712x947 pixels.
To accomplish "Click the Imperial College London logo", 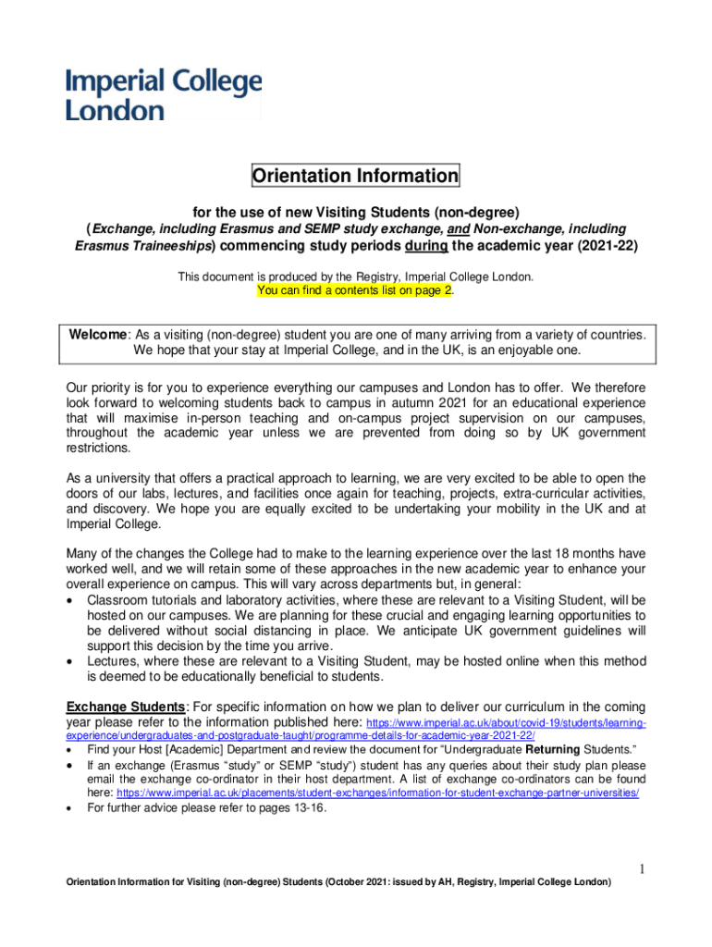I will tap(163, 94).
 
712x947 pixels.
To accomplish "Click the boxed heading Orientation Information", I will tap(356, 176).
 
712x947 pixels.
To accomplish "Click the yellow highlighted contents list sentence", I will tap(355, 289).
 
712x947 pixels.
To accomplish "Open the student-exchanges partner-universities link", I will tap(377, 793).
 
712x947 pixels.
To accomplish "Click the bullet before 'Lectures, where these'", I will tap(72, 662).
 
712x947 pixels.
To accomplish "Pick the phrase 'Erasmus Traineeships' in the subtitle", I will tap(144, 247).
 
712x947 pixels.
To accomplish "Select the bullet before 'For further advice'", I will tap(72, 807).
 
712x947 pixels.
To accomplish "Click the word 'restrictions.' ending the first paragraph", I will tap(98, 449).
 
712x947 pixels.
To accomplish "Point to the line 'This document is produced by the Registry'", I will tap(355, 277).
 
